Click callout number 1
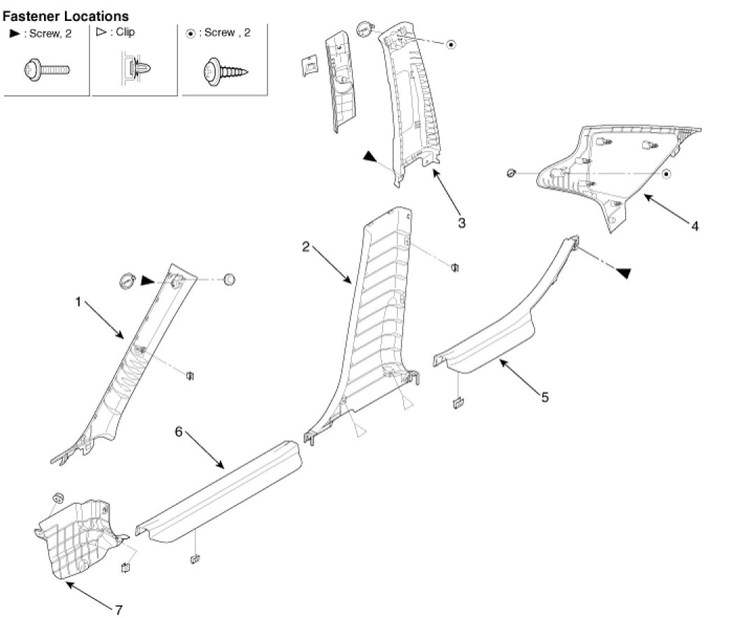79,302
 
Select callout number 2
305,246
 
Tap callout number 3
461,223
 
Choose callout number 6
179,432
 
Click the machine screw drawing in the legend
47,70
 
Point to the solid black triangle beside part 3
369,158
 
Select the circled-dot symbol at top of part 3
451,44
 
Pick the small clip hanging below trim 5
458,402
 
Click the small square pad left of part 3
307,65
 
